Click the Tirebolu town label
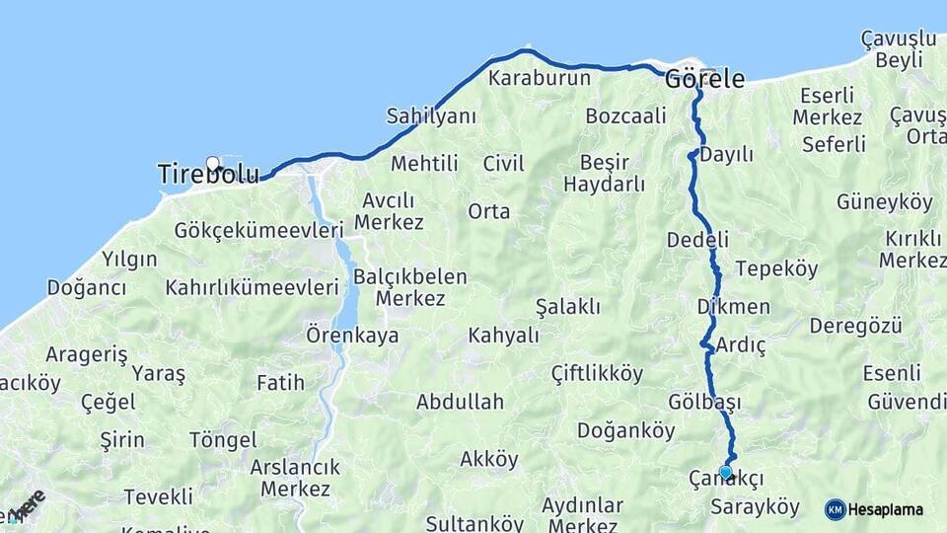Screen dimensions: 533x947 (x=208, y=176)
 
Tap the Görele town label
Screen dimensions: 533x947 (x=704, y=79)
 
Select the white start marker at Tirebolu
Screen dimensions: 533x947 (x=212, y=164)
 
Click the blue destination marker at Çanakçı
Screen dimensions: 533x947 (x=726, y=473)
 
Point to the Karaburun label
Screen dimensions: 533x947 (x=540, y=78)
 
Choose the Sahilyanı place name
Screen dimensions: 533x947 (x=431, y=115)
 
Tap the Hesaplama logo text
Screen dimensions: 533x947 (x=886, y=510)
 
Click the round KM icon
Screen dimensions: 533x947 (x=835, y=510)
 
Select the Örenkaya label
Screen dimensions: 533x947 (x=352, y=335)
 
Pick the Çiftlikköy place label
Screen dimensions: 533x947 (x=597, y=374)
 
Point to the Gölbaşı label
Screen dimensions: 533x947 (x=704, y=402)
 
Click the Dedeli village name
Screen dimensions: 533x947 (x=697, y=240)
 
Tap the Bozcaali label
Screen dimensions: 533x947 (x=625, y=115)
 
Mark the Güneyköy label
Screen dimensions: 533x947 (x=884, y=202)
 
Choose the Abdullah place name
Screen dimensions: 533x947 (x=460, y=402)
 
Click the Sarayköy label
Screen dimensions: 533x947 (x=755, y=507)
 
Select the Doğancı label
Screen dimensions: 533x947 (x=87, y=287)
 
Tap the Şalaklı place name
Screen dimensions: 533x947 (x=567, y=307)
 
